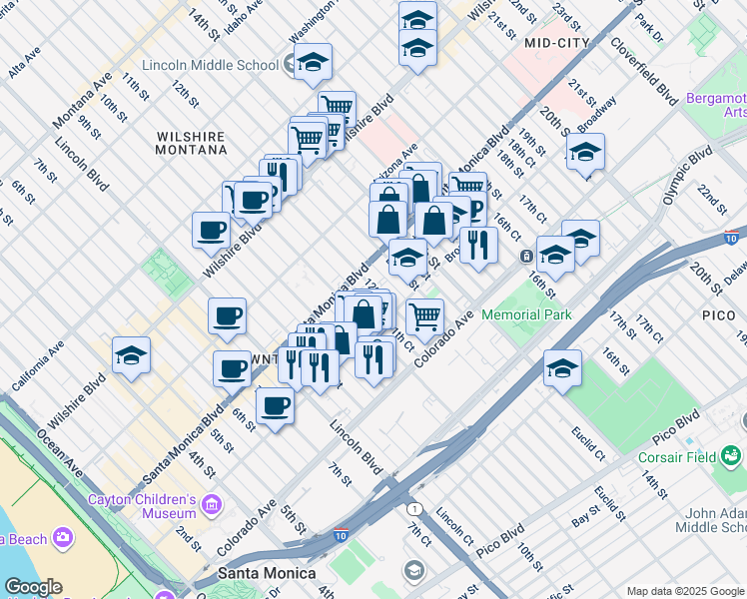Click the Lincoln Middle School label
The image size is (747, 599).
tap(210, 65)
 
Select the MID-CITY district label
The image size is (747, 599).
tap(551, 43)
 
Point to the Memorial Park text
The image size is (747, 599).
tap(526, 314)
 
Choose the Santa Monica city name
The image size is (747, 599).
tap(267, 573)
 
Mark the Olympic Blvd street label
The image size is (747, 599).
tap(688, 177)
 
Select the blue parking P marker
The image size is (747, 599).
tap(474, 211)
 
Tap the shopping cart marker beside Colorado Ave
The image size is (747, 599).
tap(425, 316)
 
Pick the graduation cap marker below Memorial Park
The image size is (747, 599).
tap(562, 367)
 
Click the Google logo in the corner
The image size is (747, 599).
tap(33, 587)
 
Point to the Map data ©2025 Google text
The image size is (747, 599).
tap(685, 591)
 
